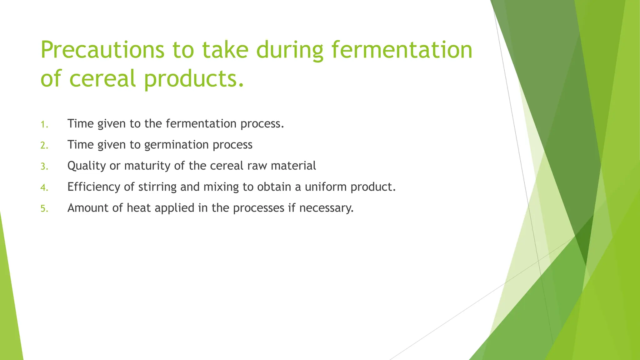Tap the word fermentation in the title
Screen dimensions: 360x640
click(x=402, y=50)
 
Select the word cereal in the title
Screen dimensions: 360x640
click(x=102, y=78)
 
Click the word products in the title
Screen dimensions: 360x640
click(x=194, y=78)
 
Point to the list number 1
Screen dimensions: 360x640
click(x=44, y=125)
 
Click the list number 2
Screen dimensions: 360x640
click(x=44, y=146)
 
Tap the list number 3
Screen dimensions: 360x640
click(x=44, y=167)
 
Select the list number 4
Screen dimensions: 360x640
click(x=44, y=188)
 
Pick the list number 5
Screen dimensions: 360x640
click(x=44, y=209)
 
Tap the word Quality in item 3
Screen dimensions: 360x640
click(x=87, y=166)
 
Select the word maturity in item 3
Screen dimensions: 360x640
click(x=147, y=166)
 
